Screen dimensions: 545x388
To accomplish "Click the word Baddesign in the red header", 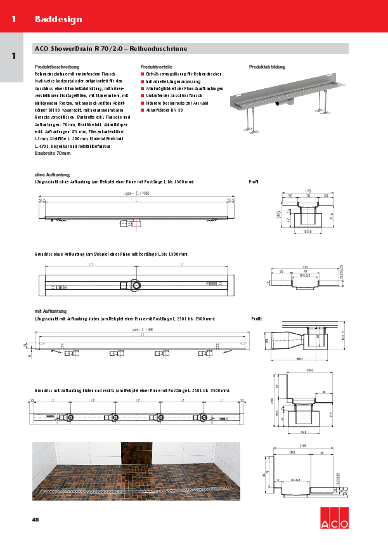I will point(58,19).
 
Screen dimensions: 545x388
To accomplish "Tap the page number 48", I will point(36,520).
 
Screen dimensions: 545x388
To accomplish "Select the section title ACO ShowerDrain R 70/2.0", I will point(92,49).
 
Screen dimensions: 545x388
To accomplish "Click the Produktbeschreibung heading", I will point(57,67).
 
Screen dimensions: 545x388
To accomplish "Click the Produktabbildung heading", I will point(267,67).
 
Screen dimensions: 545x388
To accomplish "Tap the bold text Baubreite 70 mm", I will point(53,153).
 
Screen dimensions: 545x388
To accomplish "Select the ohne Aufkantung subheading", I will point(52,174).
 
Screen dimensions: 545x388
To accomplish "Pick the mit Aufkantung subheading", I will point(51,312).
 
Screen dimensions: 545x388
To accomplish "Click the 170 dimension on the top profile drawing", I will point(307,190).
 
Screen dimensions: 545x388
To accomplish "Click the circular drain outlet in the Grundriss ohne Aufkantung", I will point(135,284).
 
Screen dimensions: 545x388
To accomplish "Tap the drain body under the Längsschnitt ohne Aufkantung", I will point(125,223).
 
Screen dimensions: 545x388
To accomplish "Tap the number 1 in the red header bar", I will point(13,19).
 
